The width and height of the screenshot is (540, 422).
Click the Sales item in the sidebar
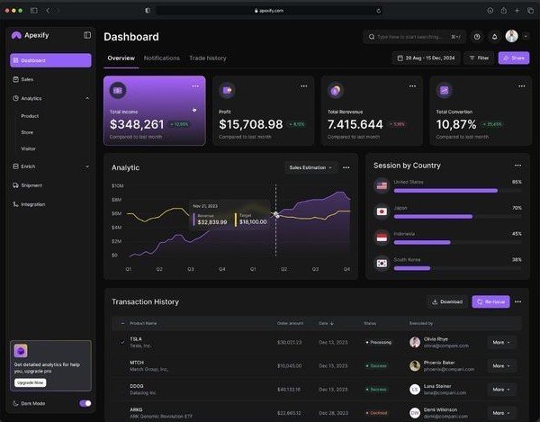pos(27,79)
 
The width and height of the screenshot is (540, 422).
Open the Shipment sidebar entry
pos(31,185)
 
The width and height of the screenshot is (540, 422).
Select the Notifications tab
pos(162,58)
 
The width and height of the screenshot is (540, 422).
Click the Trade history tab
pos(208,58)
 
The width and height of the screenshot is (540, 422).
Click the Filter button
pos(479,58)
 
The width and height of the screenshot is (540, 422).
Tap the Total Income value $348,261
pos(137,124)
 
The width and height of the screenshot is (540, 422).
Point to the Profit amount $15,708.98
pos(251,124)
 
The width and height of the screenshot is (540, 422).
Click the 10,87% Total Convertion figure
pos(456,124)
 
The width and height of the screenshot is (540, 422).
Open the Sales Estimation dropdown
pos(310,167)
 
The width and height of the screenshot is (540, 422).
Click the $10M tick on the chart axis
pos(117,185)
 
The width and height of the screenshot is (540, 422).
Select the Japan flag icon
pos(382,212)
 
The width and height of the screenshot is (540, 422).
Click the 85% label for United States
pos(517,182)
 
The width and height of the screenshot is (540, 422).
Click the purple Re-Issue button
pos(490,301)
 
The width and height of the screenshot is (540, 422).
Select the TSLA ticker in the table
pos(136,339)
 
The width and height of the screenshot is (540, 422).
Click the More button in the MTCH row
pos(500,365)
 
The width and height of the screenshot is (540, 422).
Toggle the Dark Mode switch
pos(85,403)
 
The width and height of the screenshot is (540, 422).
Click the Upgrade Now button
pos(30,382)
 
